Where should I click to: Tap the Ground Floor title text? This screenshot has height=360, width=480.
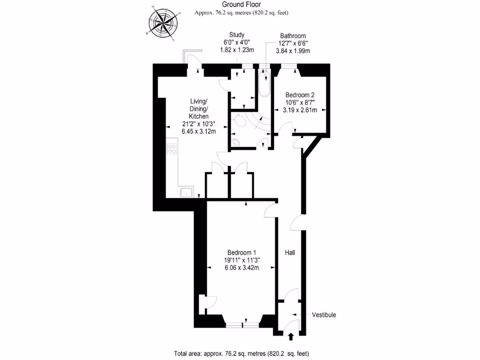point(241,5)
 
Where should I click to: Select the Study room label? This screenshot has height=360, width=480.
point(237,35)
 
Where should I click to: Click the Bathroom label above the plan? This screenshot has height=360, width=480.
point(292,36)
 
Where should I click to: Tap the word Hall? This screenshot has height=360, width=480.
point(290,253)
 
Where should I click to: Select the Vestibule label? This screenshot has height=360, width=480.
point(324,315)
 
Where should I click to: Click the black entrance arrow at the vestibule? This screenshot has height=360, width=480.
point(291,336)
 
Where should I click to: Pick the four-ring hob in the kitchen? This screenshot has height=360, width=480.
point(172,149)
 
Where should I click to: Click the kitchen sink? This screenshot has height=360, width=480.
point(186,192)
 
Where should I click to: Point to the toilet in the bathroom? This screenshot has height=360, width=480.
point(240,122)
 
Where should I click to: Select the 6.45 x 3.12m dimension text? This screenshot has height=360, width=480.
point(199,132)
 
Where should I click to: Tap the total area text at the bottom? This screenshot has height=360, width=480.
point(241,353)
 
